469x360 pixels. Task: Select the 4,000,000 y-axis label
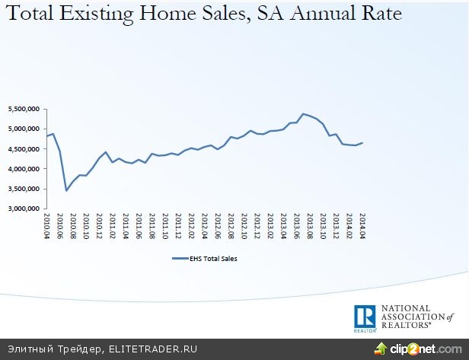(x=24, y=168)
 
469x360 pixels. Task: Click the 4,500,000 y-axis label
(x=24, y=148)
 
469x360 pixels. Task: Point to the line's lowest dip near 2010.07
(x=66, y=190)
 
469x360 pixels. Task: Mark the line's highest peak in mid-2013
(x=303, y=114)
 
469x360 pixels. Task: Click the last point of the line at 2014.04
(x=362, y=142)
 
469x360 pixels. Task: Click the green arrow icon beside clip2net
(x=381, y=349)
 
